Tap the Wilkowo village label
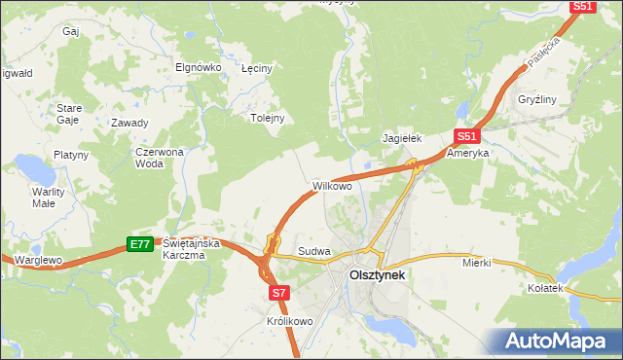(331, 184)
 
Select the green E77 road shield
(140, 244)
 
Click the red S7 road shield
(279, 291)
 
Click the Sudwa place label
(314, 251)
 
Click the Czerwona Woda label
(159, 158)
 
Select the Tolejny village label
(267, 118)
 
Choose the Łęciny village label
(256, 68)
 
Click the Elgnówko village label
(199, 67)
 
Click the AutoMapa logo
(559, 341)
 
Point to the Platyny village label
(71, 155)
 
